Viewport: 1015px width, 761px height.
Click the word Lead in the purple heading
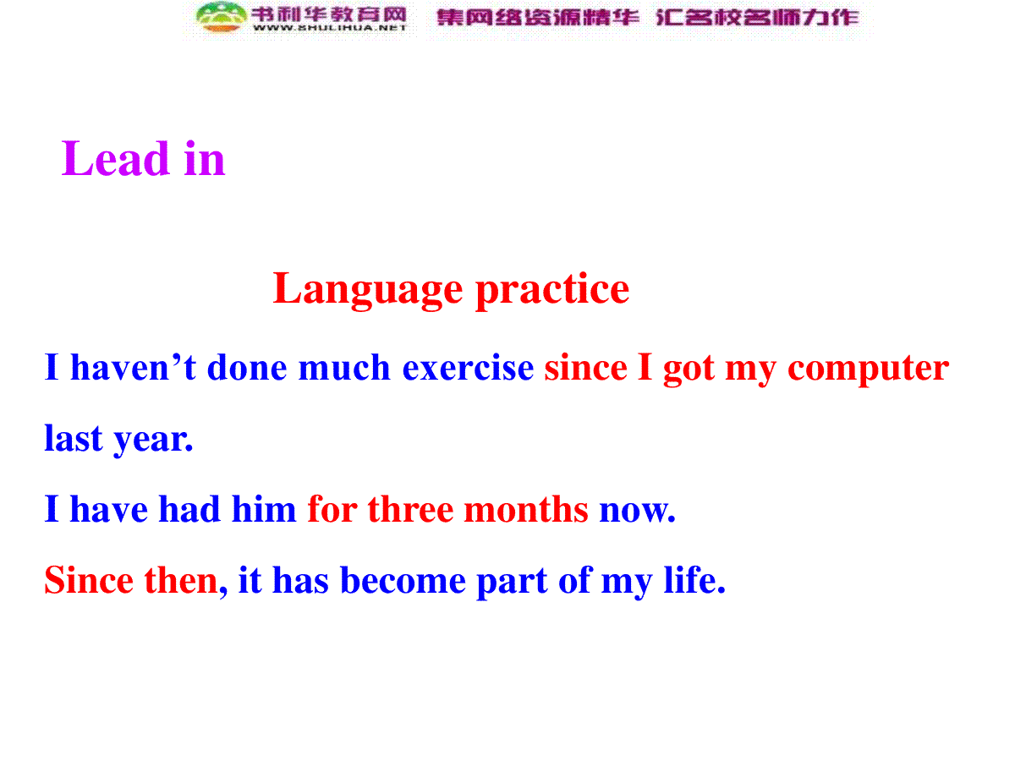(x=115, y=158)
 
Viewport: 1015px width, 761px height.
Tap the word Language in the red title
(x=368, y=290)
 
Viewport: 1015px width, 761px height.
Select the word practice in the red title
(x=552, y=290)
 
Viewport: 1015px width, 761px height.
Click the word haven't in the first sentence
(x=133, y=367)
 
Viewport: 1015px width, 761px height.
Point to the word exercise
(x=468, y=368)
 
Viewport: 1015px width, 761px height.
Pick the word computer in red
(x=868, y=370)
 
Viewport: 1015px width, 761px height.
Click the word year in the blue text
(x=153, y=440)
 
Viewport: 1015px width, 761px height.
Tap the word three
(x=410, y=509)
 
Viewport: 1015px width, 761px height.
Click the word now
(x=637, y=511)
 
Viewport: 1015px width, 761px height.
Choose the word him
(x=264, y=509)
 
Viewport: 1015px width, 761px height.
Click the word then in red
(x=181, y=580)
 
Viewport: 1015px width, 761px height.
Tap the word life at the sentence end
(x=694, y=579)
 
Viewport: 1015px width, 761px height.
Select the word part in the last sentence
(x=512, y=583)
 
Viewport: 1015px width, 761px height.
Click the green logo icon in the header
(x=222, y=17)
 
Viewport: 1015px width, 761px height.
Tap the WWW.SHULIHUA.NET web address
(x=330, y=28)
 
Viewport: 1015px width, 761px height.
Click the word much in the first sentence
(x=344, y=367)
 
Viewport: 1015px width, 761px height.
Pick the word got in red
(x=689, y=370)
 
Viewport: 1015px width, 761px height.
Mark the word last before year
(x=73, y=437)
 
